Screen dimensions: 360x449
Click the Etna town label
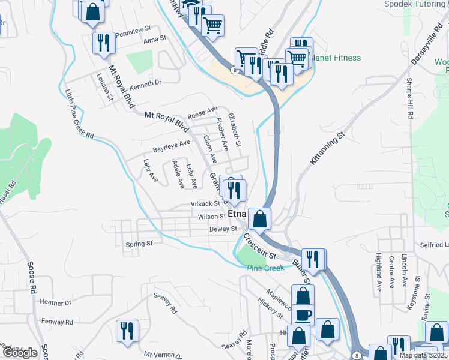[237, 214]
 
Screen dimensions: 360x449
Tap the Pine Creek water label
[265, 268]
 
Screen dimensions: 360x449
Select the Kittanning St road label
[330, 149]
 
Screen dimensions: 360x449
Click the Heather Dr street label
[56, 303]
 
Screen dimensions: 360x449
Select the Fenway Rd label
[58, 322]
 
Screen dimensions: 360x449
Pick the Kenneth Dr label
[145, 83]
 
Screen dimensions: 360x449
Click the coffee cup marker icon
[303, 315]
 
